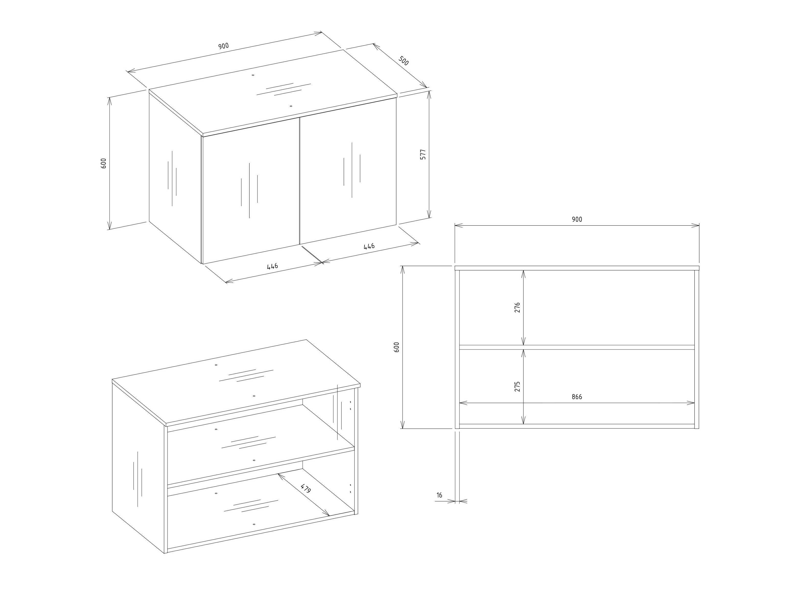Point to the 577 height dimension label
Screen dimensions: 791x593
coord(423,154)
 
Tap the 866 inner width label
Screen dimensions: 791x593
coord(577,397)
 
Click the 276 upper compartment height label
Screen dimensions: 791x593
coord(517,307)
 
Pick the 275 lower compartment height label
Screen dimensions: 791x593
coord(517,386)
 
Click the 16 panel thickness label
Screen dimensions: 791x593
coord(440,495)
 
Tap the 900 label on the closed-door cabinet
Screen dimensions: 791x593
coord(223,46)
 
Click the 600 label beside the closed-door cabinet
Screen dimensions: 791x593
coord(104,163)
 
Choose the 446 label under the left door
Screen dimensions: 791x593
coord(273,266)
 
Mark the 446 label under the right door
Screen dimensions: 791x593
coord(369,246)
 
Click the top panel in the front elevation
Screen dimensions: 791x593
coord(577,268)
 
